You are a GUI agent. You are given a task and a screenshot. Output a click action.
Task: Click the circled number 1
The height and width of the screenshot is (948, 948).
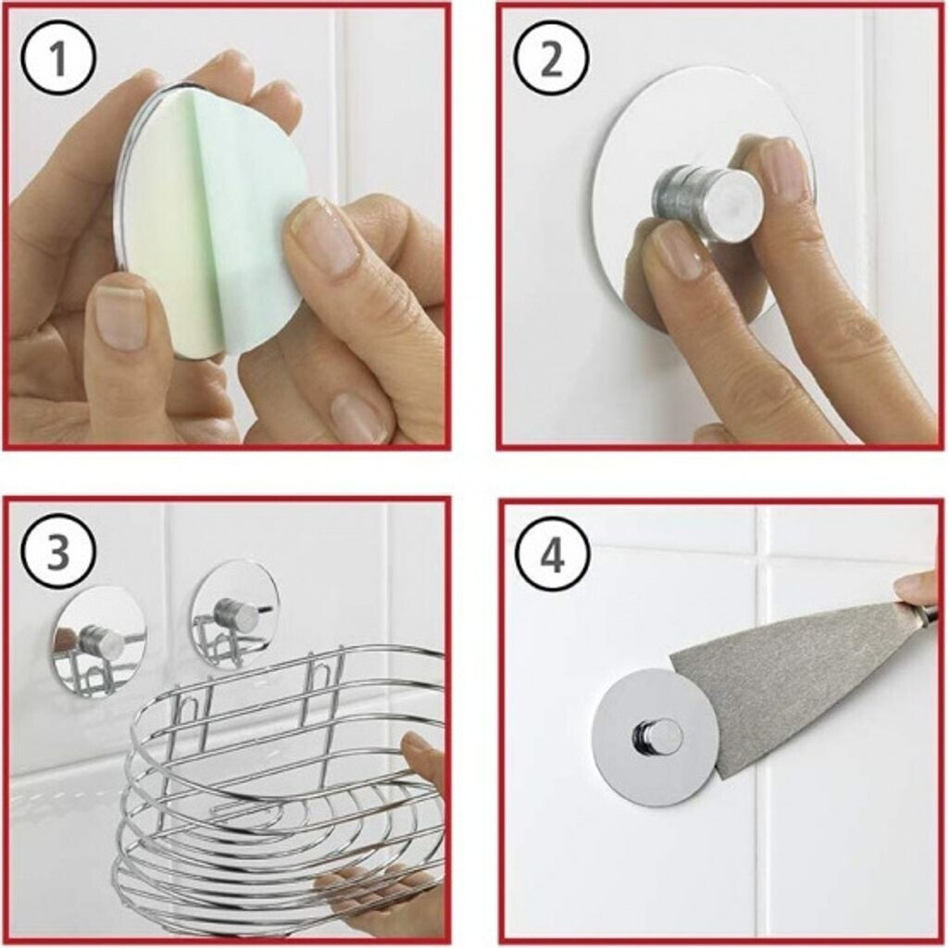(x=58, y=59)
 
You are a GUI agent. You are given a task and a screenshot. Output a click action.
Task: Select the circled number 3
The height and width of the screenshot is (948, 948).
(x=58, y=553)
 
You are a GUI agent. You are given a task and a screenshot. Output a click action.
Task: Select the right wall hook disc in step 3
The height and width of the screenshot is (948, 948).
(x=235, y=614)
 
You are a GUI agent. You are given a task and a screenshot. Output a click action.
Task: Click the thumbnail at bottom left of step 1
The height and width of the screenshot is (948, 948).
(x=121, y=316)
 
